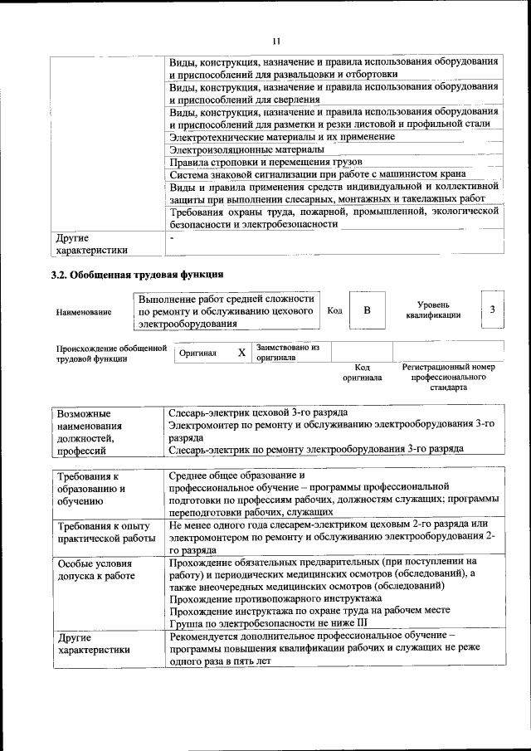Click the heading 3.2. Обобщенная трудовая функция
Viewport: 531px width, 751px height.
point(137,274)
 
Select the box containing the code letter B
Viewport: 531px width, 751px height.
point(367,310)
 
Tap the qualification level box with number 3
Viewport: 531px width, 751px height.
point(492,310)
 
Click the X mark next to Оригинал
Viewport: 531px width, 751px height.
point(241,353)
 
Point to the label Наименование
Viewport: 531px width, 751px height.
point(84,312)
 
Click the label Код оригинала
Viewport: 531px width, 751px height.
point(363,372)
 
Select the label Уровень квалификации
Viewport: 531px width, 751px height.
point(433,310)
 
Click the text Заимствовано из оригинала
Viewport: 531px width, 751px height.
point(288,352)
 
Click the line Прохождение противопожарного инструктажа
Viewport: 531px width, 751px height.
point(275,597)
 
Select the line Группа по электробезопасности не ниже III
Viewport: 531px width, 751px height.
point(267,622)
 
